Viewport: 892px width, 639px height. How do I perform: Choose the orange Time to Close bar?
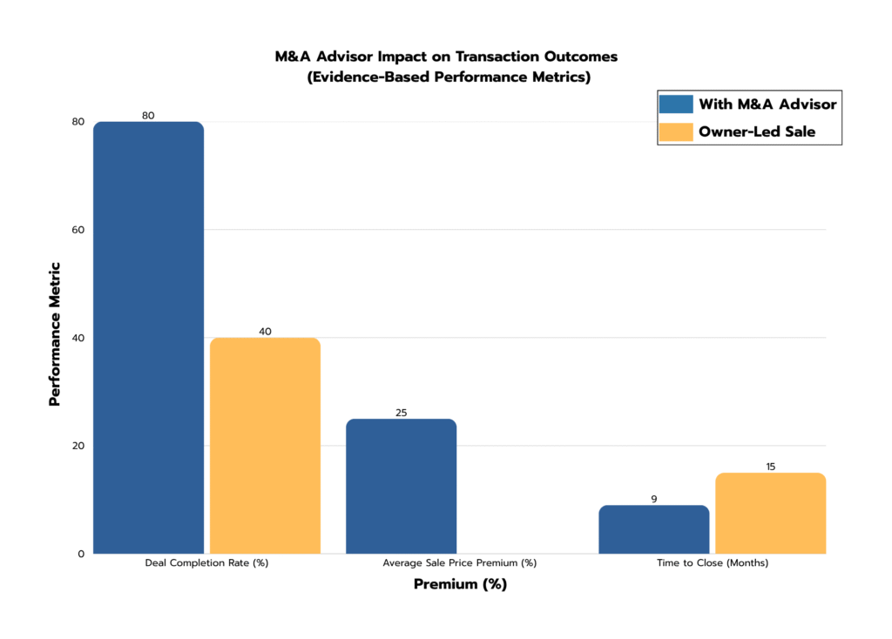(770, 514)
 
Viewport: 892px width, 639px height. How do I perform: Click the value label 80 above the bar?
(148, 115)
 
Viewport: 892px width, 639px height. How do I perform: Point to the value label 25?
(401, 413)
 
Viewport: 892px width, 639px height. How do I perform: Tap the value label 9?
(653, 499)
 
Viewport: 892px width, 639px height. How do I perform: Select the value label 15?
(770, 467)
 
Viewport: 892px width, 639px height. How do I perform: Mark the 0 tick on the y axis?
(80, 554)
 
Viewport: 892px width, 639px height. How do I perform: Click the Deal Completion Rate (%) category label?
(206, 563)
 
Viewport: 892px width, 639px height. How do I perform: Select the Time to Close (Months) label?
(712, 563)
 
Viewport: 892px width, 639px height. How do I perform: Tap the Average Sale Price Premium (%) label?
(459, 563)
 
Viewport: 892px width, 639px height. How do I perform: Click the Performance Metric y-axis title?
(55, 334)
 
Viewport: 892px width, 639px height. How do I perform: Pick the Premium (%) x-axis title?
(459, 585)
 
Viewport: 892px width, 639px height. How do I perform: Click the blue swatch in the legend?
(676, 104)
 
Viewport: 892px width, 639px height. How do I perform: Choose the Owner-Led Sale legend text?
(757, 132)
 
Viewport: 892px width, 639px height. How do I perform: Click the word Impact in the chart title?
(394, 57)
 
